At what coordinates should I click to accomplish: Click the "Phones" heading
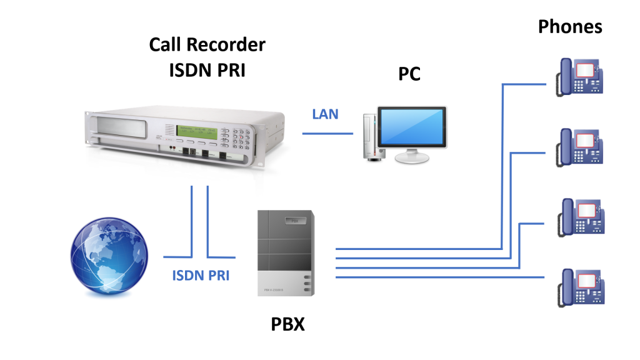(570, 27)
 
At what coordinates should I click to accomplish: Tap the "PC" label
(409, 74)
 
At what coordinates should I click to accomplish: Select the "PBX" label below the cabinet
(289, 324)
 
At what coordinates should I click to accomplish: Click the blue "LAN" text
(325, 114)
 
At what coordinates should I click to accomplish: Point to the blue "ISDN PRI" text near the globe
(200, 275)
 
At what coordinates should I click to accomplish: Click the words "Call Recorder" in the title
(207, 45)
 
